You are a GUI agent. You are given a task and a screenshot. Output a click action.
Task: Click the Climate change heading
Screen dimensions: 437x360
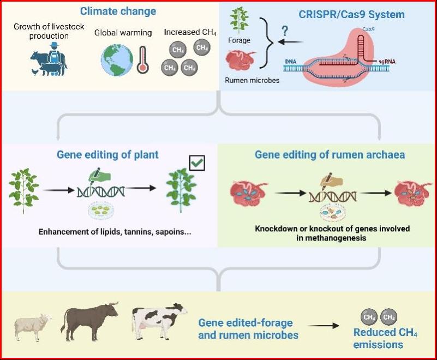[118, 11]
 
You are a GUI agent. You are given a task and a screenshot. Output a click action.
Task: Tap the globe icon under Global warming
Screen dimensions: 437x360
[117, 61]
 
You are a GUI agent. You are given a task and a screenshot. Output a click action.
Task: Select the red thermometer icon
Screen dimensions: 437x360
[143, 60]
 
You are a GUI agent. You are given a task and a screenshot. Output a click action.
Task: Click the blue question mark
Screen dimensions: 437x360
[285, 31]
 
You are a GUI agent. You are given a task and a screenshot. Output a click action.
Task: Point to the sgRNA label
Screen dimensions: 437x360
[387, 62]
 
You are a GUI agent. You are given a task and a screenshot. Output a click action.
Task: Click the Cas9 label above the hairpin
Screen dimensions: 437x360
[368, 29]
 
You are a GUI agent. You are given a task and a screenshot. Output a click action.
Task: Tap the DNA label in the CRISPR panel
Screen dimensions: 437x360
[291, 62]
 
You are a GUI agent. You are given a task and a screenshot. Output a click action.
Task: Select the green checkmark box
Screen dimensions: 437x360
[197, 163]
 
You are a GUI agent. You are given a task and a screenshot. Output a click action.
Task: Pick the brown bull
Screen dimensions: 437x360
[89, 321]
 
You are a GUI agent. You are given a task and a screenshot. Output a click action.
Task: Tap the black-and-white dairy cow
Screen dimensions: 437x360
[159, 321]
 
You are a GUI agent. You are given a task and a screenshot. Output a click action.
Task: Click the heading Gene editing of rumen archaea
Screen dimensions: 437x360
[330, 155]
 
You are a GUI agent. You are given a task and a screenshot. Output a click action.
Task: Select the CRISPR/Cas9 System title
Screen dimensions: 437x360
[351, 14]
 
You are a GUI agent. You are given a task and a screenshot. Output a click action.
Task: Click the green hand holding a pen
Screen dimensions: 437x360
[99, 175]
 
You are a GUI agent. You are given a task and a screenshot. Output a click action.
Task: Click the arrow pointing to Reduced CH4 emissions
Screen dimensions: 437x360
[324, 326]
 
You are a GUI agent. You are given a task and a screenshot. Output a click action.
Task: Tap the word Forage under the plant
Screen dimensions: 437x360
[239, 41]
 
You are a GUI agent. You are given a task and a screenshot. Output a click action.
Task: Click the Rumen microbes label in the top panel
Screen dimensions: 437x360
[252, 81]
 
